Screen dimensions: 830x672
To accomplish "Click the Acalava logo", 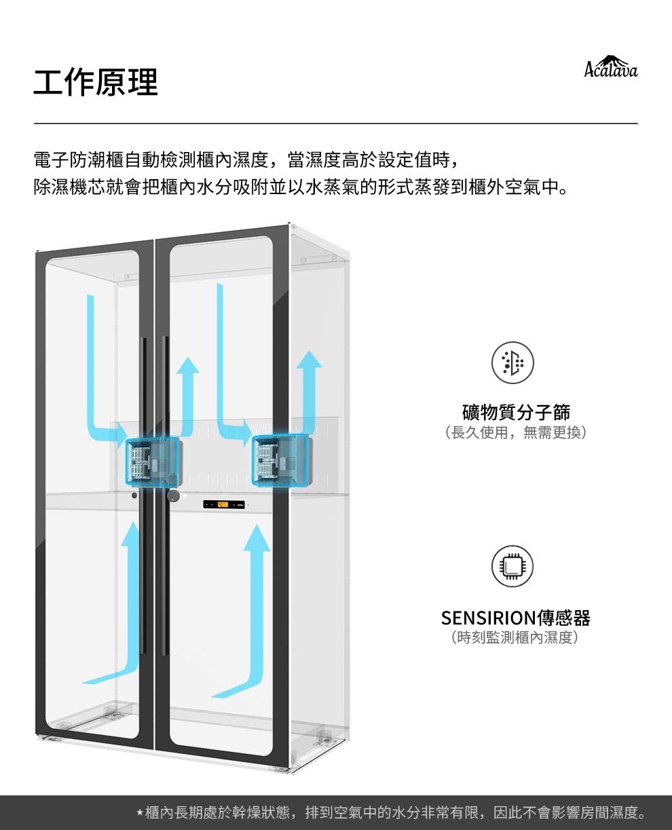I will (610, 67).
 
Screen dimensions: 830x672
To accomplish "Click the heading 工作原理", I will (96, 82).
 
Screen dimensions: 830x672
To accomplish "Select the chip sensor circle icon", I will (512, 567).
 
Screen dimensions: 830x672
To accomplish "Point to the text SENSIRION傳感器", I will (515, 618).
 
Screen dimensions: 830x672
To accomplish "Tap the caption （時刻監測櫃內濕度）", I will (515, 638).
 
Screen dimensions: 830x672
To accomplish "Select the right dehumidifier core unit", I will (280, 461).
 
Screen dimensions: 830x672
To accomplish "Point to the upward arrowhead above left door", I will (187, 365).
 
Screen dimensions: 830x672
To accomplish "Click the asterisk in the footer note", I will (140, 813).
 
